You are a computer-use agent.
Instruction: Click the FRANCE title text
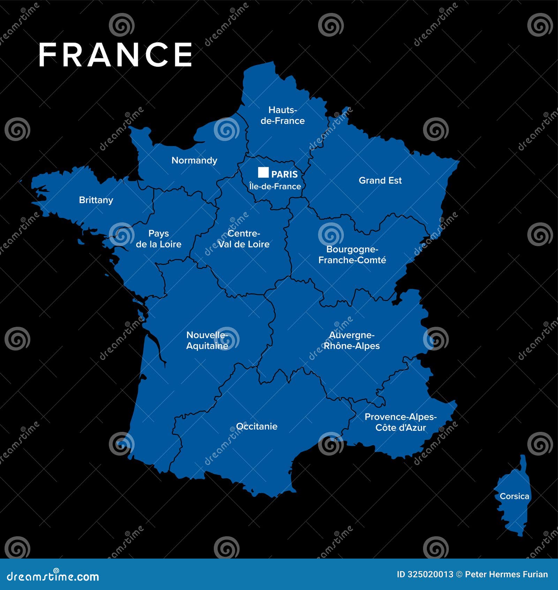coord(115,55)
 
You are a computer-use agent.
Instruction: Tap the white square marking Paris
coord(263,172)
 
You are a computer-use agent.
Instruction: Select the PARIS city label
coord(285,174)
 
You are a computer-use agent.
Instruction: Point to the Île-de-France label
coord(275,186)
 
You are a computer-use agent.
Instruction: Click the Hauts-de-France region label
coord(282,115)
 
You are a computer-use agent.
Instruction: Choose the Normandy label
coord(194,160)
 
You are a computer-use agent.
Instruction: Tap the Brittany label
coord(96,200)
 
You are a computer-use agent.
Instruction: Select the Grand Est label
coord(380,180)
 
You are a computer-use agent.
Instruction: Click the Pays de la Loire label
coord(159,239)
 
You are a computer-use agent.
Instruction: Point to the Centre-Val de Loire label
coord(244,239)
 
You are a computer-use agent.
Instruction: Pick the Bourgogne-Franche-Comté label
coord(352,255)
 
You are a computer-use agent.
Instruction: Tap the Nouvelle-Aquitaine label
coord(207,340)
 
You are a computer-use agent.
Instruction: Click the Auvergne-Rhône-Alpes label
coord(352,340)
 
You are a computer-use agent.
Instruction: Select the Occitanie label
coord(257,426)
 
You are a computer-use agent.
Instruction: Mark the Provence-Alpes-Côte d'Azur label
coord(401,422)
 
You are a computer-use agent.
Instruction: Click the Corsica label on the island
coord(514,496)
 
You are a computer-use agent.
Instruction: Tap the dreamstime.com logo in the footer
coord(53,576)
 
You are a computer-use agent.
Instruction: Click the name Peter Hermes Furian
coord(506,574)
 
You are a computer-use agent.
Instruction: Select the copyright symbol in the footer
coord(459,574)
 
